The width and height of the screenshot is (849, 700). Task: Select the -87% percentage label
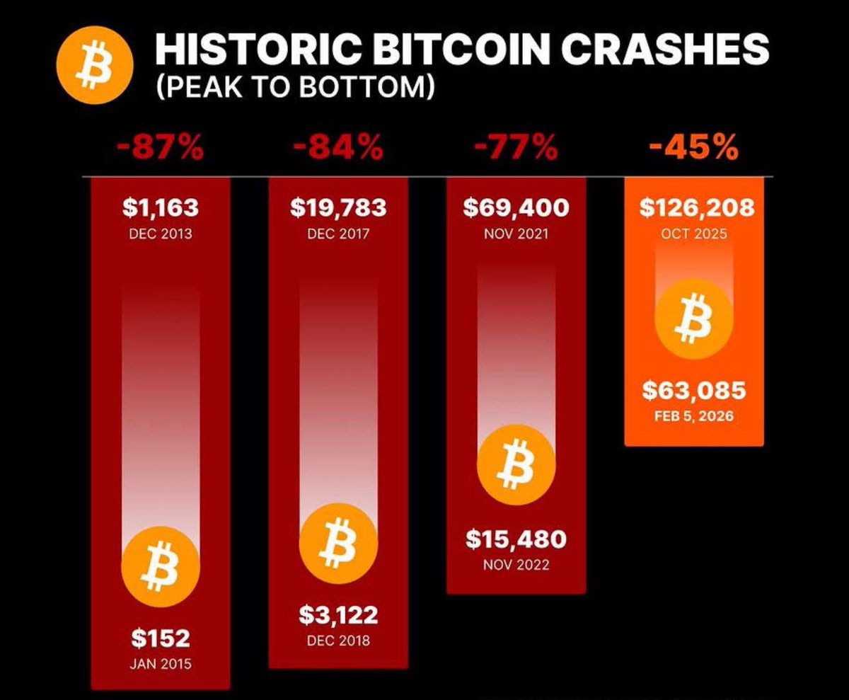point(161,149)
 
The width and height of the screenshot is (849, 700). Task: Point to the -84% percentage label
point(338,149)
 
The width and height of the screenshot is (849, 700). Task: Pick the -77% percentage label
point(516,149)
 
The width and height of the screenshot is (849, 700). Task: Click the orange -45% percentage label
point(693,149)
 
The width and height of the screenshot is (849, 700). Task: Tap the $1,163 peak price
point(161,207)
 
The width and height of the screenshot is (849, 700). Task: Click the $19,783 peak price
point(338,207)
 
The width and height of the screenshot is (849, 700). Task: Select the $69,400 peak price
point(516,207)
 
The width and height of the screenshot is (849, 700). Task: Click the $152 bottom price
point(161,638)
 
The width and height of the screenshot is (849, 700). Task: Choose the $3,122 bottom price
point(338,614)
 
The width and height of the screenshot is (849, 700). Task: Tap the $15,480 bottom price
point(516,539)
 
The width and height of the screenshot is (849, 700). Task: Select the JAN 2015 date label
point(161,664)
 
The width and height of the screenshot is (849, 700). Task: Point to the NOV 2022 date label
point(516,565)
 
